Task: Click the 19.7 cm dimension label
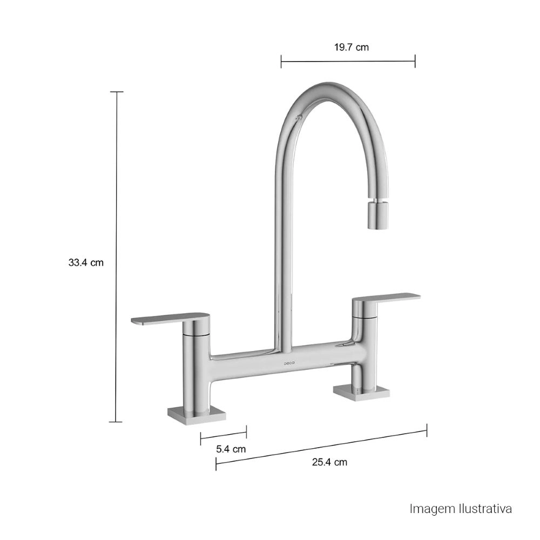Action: pos(351,47)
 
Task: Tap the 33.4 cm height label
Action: pos(86,263)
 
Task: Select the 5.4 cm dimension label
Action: pos(231,449)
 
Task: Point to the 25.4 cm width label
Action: pos(329,462)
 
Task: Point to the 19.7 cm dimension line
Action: pos(348,61)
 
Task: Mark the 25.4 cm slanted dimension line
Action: pos(321,447)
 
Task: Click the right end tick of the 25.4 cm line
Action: pos(427,430)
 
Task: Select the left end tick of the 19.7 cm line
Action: pos(281,61)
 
